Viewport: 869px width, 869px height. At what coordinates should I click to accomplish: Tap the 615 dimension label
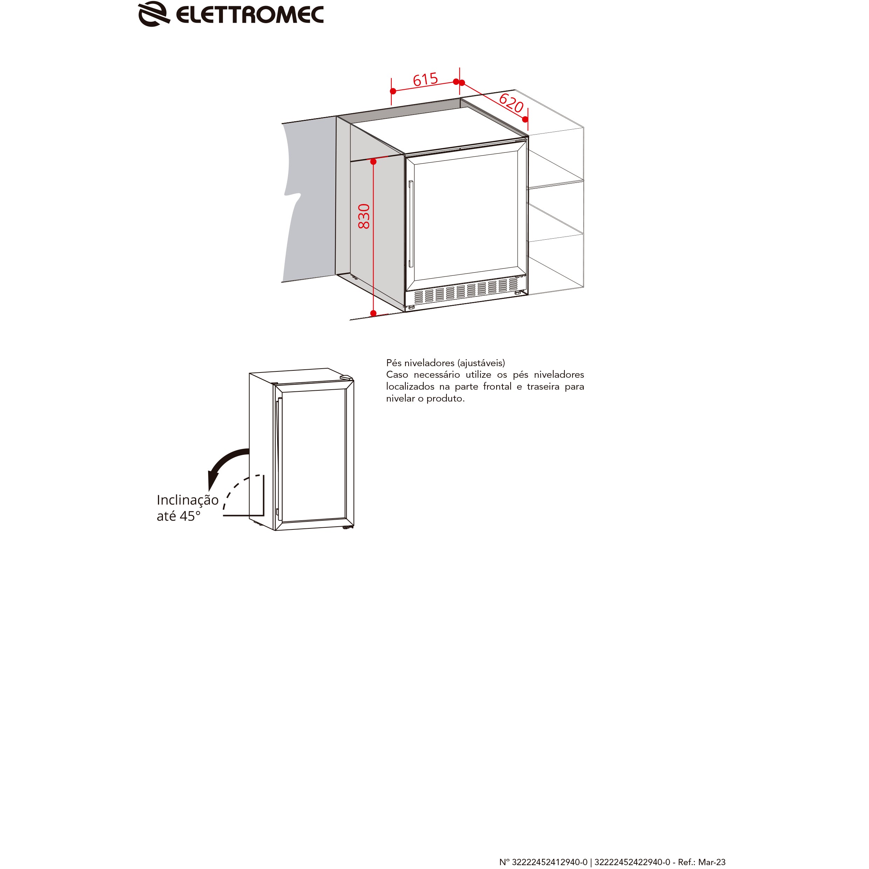425,80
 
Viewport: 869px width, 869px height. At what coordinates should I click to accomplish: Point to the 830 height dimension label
364,216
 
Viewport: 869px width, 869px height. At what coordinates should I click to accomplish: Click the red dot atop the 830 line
373,162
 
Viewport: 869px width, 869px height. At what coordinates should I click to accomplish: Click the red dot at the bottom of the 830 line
373,313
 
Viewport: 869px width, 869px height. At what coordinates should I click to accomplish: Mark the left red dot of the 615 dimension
393,91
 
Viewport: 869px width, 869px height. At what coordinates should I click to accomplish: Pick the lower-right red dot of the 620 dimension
525,119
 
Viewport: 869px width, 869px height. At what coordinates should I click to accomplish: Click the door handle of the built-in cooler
411,224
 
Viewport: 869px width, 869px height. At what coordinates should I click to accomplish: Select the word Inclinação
187,500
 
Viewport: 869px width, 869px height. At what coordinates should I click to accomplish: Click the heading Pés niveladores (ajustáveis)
445,363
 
